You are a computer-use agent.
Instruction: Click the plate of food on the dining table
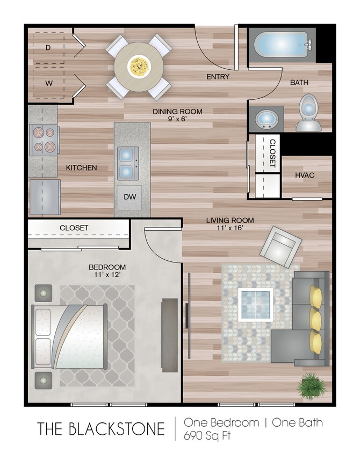tap(139, 67)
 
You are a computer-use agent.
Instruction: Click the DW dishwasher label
tap(131, 196)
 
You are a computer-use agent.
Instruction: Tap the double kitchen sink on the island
tap(126, 163)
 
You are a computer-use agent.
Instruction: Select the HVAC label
tap(304, 176)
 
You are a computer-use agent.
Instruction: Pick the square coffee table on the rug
tap(256, 304)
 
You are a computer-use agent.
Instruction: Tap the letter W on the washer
tap(48, 83)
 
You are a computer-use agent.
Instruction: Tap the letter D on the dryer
tap(48, 48)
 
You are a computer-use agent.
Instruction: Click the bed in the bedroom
tap(70, 337)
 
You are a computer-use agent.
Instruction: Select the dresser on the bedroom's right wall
tap(169, 334)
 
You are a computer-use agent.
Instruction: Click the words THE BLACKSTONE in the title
tap(101, 429)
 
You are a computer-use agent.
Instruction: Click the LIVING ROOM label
tap(231, 220)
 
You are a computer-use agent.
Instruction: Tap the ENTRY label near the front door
tap(218, 77)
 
